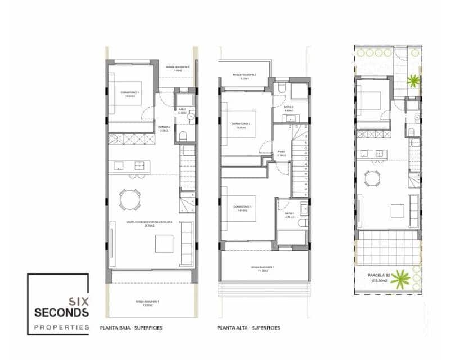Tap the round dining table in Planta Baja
[x=130, y=199]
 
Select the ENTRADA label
[x=164, y=127]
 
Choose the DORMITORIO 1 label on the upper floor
[x=242, y=207]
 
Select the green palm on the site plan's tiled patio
[x=413, y=80]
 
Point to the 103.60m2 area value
[x=380, y=283]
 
